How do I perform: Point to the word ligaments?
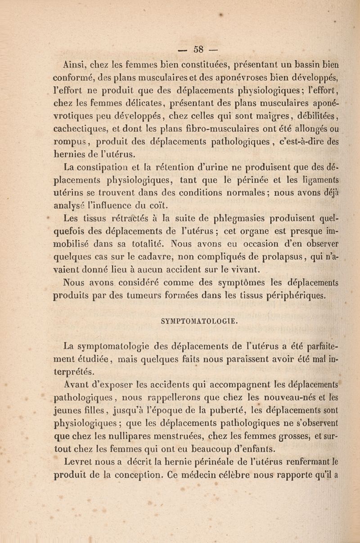pyautogui.click(x=316, y=181)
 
